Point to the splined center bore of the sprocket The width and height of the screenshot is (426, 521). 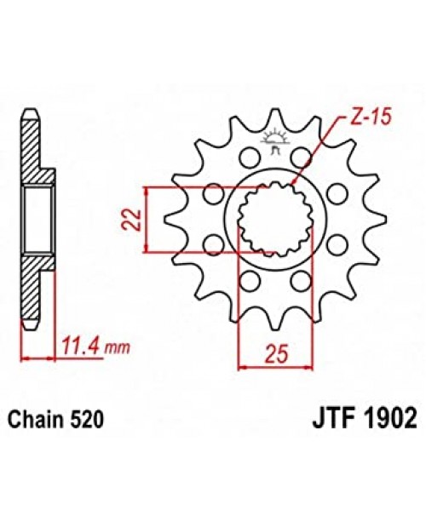click(x=273, y=219)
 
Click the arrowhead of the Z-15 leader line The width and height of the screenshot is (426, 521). click(x=293, y=183)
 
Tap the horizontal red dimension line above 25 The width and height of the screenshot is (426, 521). click(x=270, y=368)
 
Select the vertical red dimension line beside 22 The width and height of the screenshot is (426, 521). click(x=149, y=219)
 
